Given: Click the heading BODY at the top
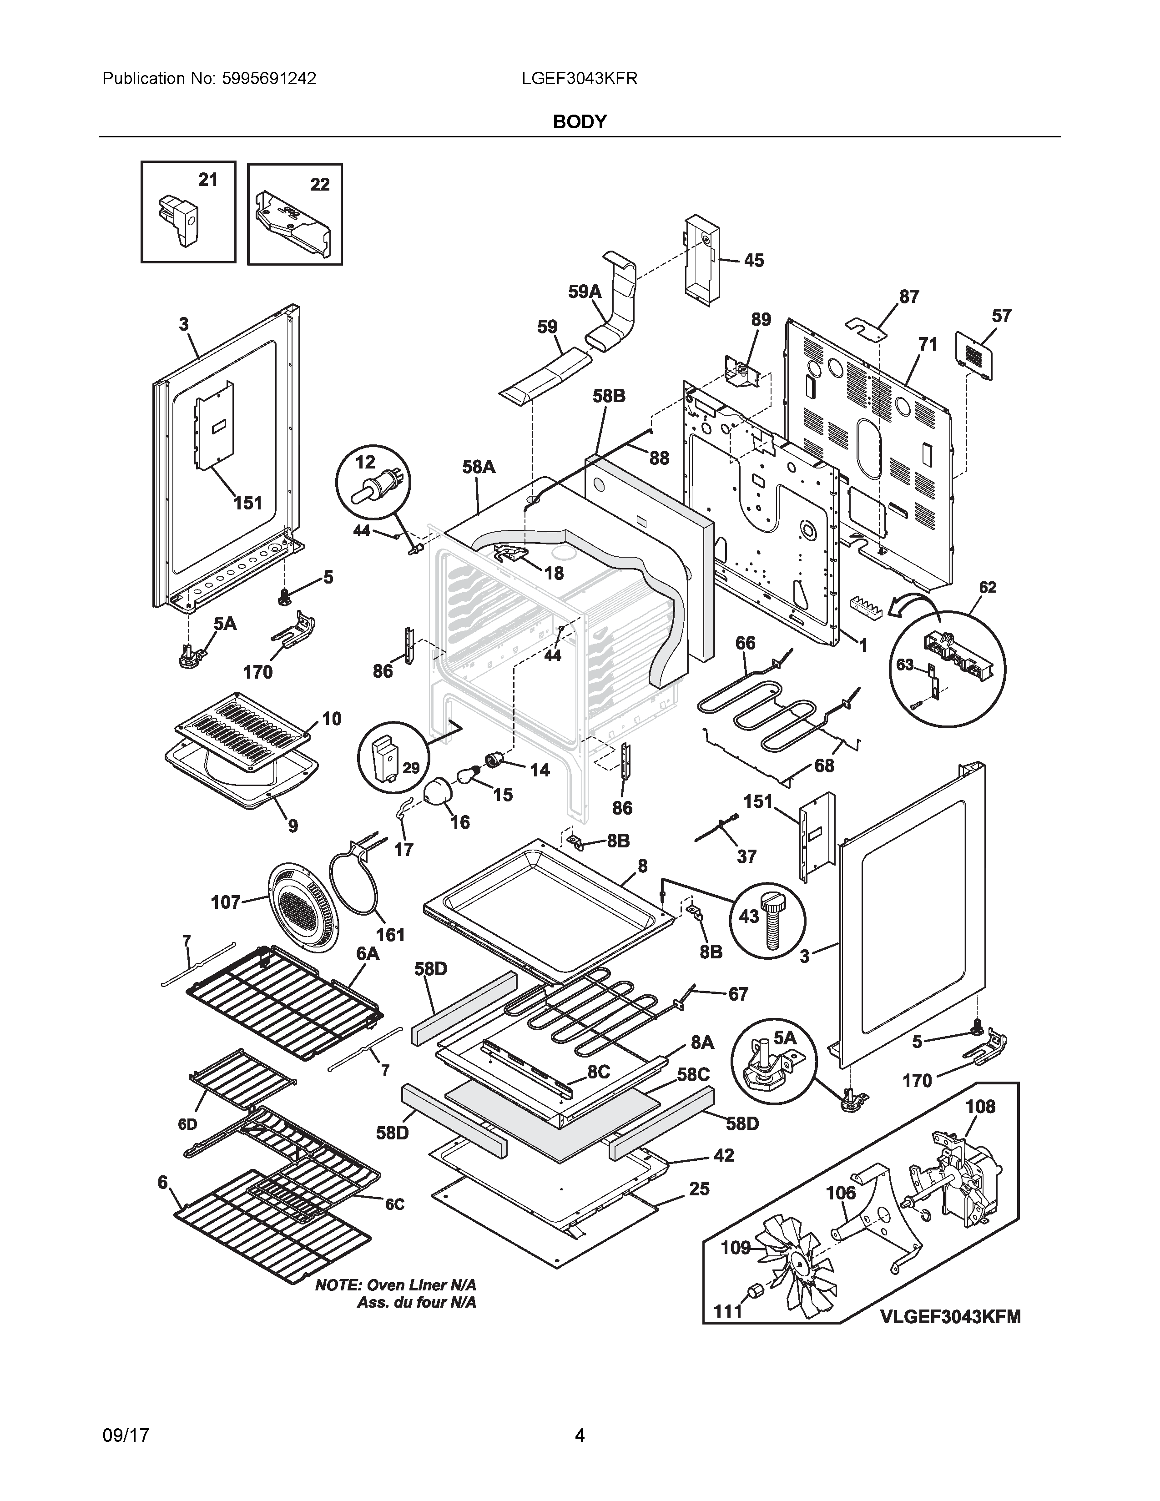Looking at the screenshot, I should coord(579,121).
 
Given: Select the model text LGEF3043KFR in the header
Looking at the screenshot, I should coord(579,78).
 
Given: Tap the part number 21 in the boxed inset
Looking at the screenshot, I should coord(207,180).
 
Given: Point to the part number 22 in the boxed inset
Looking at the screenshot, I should coord(319,184).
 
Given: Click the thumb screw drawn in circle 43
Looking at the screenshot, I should coord(772,922).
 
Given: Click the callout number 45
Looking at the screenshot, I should coord(753,261).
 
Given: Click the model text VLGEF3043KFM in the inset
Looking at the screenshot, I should coord(950,1316).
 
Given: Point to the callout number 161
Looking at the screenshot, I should coord(390,935).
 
